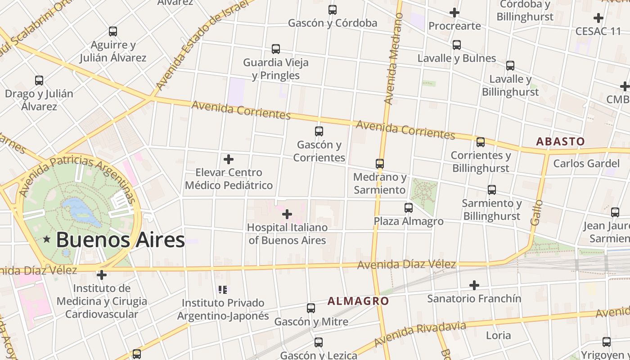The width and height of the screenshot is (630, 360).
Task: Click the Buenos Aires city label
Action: click(x=120, y=240)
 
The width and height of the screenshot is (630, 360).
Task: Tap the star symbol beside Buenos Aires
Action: click(x=46, y=239)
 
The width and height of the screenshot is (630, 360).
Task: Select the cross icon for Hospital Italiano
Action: click(x=287, y=215)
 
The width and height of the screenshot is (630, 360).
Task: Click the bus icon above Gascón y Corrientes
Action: click(x=319, y=131)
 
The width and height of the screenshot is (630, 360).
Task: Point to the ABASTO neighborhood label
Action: click(x=560, y=141)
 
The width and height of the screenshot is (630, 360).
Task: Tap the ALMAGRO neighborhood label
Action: click(x=358, y=301)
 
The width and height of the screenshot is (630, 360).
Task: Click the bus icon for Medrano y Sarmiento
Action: click(x=380, y=164)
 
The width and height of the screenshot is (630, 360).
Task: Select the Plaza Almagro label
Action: click(x=409, y=221)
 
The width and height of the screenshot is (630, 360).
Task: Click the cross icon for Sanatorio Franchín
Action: click(x=474, y=285)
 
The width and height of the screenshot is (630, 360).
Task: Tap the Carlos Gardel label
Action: click(x=586, y=163)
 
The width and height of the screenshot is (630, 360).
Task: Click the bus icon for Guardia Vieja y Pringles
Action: click(x=276, y=49)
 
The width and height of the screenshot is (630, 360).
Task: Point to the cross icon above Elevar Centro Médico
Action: click(x=229, y=159)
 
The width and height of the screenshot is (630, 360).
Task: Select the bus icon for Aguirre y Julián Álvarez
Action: click(x=113, y=31)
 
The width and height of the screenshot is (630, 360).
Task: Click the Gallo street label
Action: click(x=536, y=213)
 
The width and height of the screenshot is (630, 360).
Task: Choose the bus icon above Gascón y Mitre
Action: click(x=311, y=308)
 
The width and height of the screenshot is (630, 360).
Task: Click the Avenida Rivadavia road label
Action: click(x=419, y=334)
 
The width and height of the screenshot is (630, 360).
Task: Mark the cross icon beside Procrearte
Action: click(x=454, y=13)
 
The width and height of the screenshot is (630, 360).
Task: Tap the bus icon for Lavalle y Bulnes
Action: click(x=457, y=45)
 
